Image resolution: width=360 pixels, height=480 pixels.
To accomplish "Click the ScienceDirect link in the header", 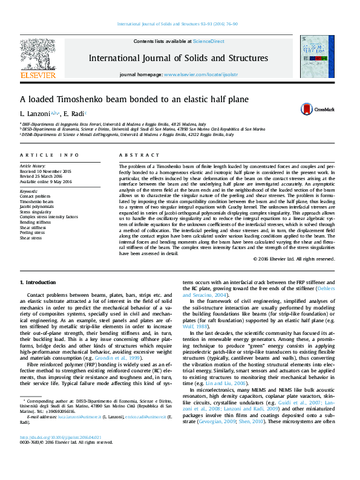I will (208, 41).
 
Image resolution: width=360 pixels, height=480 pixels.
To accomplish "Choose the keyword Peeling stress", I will (33, 233).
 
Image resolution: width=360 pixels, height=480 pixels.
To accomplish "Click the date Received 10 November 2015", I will (45, 171).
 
